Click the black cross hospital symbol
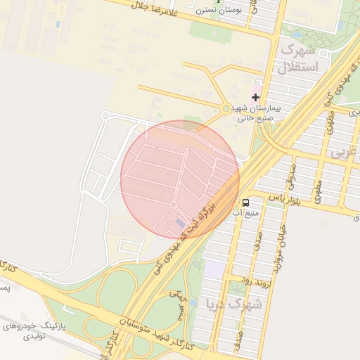pyautogui.click(x=255, y=96)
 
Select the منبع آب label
pyautogui.click(x=248, y=212)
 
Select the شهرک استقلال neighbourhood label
pyautogui.click(x=298, y=58)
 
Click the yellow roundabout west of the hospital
pyautogui.click(x=225, y=109)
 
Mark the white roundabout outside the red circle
pyautogui.click(x=105, y=115)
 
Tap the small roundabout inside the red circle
pyautogui.click(x=173, y=205)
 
